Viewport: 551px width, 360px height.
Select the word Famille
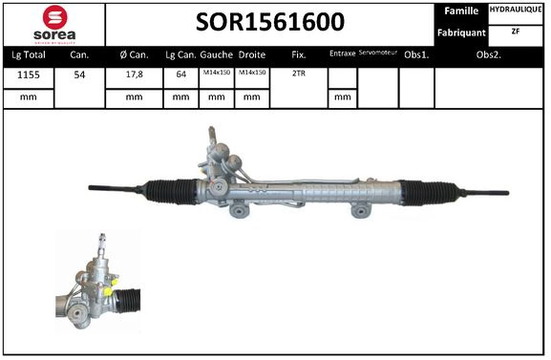[463, 11]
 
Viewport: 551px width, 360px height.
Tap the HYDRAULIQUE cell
[517, 11]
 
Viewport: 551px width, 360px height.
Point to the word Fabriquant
[463, 32]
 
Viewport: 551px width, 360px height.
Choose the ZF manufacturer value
[517, 32]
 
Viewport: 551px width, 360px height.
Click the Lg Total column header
[28, 54]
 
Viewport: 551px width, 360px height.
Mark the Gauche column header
[217, 54]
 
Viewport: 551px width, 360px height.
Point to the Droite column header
[251, 54]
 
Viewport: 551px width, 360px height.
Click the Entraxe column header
[341, 54]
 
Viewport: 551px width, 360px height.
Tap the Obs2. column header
[490, 54]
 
